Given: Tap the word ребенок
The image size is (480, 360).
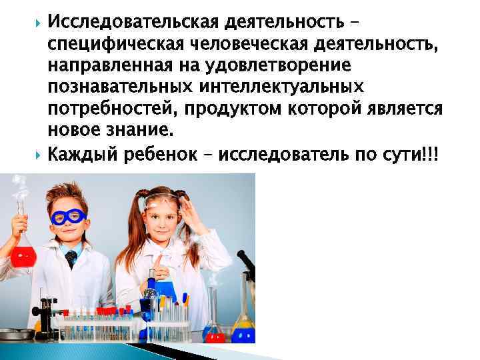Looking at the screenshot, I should [165, 155].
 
